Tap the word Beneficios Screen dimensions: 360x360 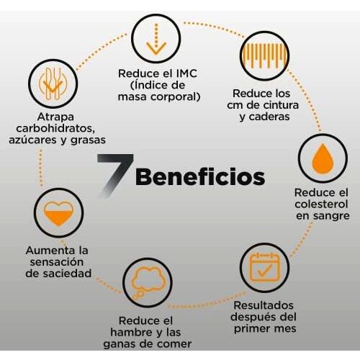[200, 177]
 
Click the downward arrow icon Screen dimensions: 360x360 [156, 39]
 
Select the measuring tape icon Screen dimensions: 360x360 [264, 55]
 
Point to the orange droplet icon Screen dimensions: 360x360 [323, 158]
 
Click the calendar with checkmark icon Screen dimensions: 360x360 [264, 267]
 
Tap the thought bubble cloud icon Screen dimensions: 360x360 [148, 282]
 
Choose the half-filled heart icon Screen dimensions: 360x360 [58, 213]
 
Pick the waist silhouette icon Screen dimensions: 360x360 [53, 84]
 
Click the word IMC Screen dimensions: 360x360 [186, 73]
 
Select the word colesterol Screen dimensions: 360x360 [321, 204]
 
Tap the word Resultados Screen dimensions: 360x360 [264, 305]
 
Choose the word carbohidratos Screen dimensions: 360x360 [55, 128]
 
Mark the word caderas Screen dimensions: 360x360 [269, 117]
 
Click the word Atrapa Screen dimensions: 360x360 [55, 117]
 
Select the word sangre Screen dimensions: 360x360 [331, 216]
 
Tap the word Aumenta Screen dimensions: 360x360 [46, 251]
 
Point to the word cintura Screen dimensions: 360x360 [281, 105]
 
